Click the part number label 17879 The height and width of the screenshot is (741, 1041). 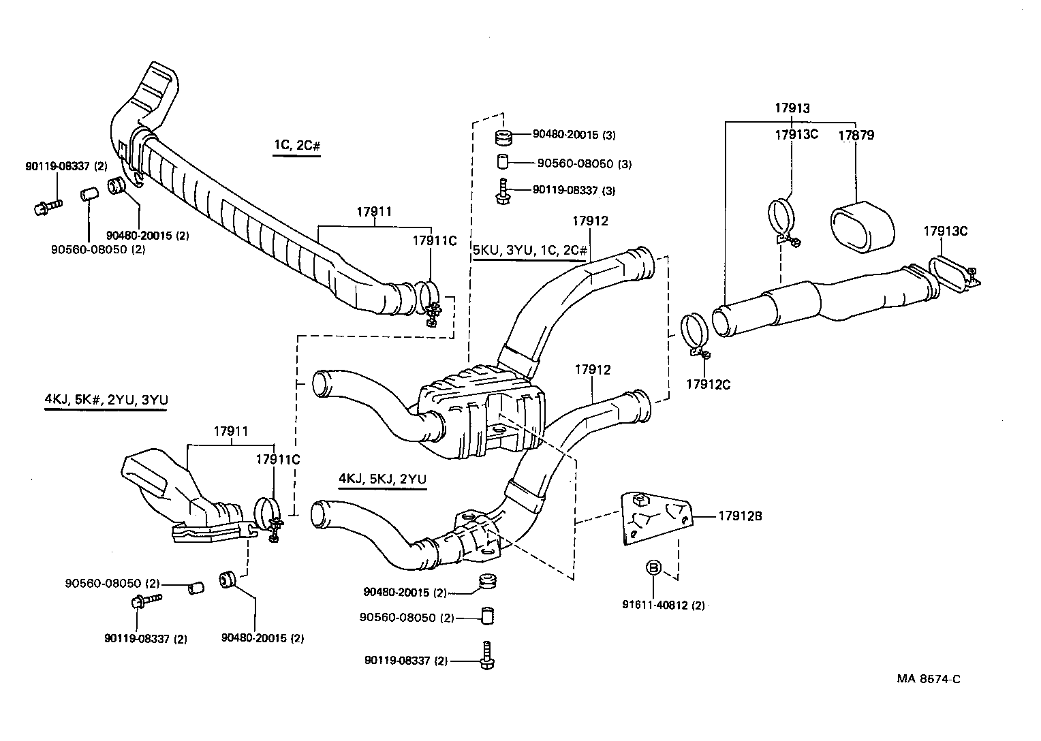[856, 135]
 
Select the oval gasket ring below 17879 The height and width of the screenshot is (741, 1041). [861, 227]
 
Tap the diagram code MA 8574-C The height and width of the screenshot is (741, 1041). [929, 678]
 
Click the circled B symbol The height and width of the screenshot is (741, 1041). [653, 567]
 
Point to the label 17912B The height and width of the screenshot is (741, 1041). [739, 516]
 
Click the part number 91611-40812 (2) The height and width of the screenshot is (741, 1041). [663, 605]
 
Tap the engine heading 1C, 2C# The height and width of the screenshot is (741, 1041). [296, 145]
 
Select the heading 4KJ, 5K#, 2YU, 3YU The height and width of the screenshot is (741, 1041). [106, 400]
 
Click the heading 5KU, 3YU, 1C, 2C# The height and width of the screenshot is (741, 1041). [529, 250]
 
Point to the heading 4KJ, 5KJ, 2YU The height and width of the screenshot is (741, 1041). [382, 479]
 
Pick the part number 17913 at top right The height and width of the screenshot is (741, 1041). [792, 108]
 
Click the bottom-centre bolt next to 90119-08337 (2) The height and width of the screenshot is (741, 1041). [486, 655]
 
